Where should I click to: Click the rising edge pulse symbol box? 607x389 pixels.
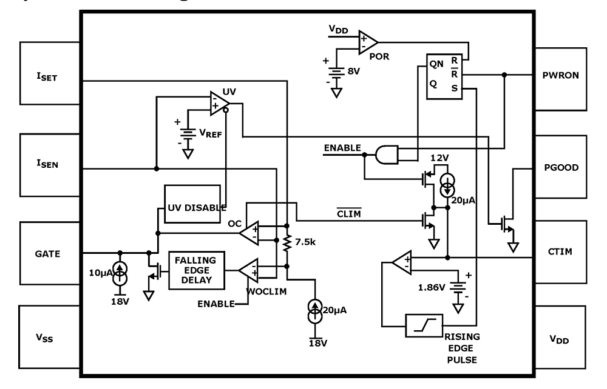click(424, 325)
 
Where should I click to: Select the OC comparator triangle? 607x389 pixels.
click(249, 232)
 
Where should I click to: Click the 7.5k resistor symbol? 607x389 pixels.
click(287, 244)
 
